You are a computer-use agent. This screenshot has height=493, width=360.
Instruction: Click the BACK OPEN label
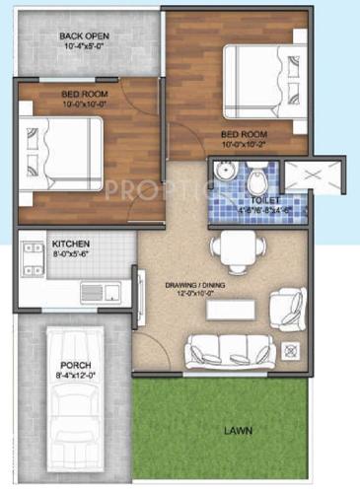(x=84, y=36)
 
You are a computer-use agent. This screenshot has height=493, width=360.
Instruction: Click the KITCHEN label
(x=71, y=242)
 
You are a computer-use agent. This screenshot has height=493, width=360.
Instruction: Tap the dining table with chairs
(x=233, y=246)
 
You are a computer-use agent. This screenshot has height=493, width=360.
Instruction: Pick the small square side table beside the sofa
(x=292, y=351)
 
